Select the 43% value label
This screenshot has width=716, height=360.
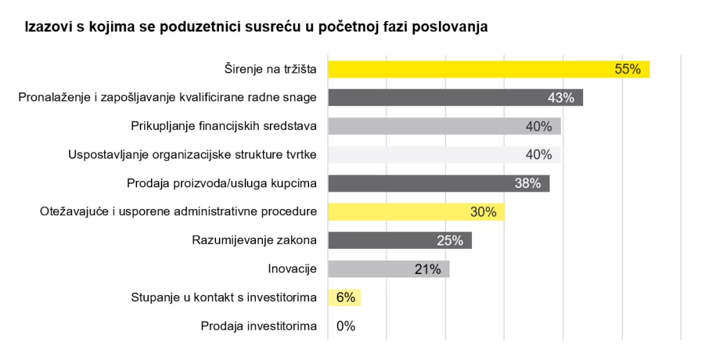[x=561, y=98]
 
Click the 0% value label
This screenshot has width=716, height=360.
[x=346, y=326]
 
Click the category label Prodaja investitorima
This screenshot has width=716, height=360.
[x=259, y=326]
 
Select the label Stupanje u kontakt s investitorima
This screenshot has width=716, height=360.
[x=224, y=298]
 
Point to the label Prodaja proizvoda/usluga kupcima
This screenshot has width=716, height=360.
[x=222, y=183]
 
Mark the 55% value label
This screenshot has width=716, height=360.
[x=627, y=69]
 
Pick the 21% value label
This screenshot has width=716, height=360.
[x=427, y=269]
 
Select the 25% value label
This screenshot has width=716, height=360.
[x=450, y=240]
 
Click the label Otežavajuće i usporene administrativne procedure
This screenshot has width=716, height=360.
[x=178, y=212]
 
